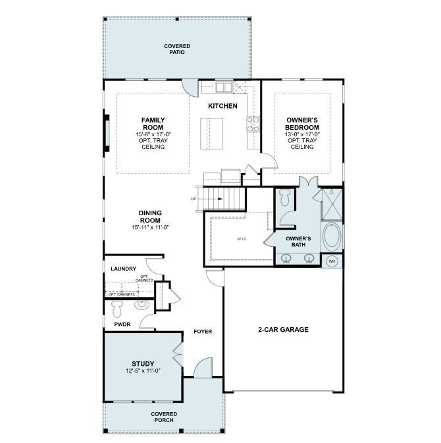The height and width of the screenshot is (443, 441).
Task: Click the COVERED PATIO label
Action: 177,49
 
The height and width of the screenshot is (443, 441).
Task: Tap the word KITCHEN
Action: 222,106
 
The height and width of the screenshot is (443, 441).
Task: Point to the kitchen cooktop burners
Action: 253,124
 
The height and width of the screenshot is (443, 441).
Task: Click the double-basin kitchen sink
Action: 223,87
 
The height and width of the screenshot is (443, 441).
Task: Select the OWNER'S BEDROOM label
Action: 302,124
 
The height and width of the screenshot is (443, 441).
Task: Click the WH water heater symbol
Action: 332,261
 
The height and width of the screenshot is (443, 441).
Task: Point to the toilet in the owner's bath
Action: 284,196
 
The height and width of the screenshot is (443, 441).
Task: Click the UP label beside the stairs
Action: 194,199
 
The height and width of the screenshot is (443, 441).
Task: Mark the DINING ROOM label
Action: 150,217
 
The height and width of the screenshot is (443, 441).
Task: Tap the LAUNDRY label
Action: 123,269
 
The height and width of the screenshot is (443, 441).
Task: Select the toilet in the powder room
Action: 117,307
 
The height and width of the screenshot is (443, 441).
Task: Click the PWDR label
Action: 122,325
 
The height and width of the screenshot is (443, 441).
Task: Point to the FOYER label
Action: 202,331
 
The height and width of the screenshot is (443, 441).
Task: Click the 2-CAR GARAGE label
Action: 283,330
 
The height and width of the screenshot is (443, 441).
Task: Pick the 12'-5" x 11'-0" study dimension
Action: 143,371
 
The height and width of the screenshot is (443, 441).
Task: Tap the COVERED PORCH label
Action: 165,417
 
